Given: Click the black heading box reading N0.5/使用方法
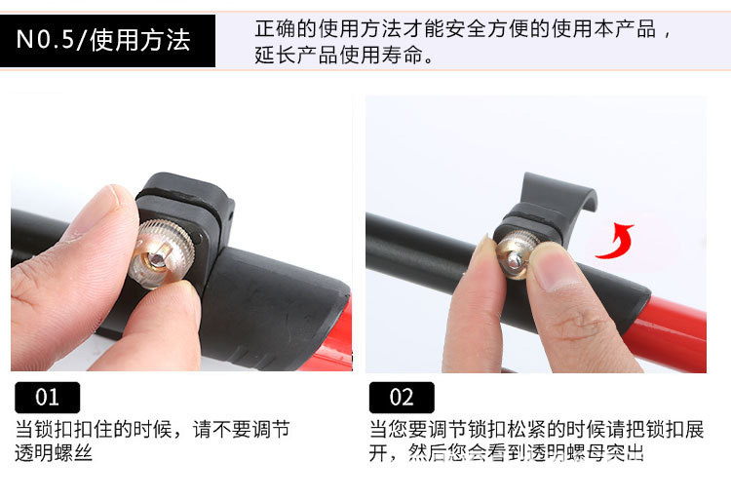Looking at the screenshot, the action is [107, 41].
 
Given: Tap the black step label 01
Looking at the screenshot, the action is [47, 398].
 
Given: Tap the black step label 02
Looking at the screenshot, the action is [402, 398].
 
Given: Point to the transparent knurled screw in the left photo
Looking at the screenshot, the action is [161, 253].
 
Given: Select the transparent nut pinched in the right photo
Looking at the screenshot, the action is [516, 255].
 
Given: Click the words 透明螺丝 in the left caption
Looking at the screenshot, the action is [54, 452].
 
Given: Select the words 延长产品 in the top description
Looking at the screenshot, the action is [296, 55].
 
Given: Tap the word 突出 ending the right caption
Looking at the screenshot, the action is [626, 452].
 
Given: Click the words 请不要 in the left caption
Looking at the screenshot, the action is [222, 429].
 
